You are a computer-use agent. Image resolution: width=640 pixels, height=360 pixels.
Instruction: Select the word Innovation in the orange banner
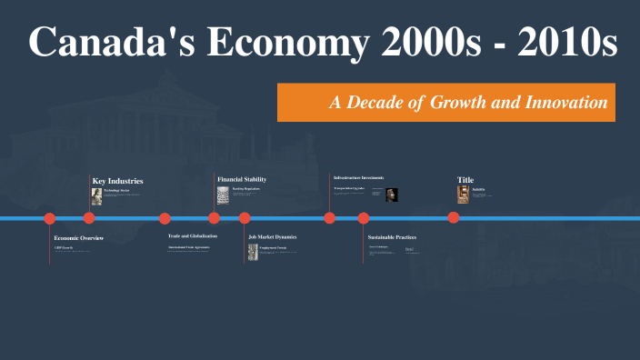(566, 103)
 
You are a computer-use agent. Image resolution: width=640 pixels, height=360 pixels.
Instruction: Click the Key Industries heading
(117, 181)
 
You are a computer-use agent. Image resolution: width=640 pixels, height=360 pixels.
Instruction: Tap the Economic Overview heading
(78, 238)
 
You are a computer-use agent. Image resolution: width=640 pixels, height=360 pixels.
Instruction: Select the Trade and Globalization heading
(192, 236)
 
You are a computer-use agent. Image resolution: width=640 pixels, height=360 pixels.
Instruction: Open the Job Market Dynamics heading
(273, 236)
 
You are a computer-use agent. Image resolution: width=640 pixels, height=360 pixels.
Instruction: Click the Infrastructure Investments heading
(358, 177)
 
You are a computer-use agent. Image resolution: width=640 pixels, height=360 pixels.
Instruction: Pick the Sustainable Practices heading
(392, 237)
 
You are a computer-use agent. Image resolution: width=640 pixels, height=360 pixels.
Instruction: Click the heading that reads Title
(465, 180)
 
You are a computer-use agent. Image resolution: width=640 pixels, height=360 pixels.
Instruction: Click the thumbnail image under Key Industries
(96, 195)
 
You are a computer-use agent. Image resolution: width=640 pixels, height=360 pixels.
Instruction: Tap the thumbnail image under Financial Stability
(222, 195)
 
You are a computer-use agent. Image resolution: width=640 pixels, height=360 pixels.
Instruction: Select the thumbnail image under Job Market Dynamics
(253, 252)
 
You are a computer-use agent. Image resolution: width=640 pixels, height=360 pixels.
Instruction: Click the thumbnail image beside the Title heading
(463, 195)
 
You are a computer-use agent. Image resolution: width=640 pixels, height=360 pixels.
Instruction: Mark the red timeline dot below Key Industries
(89, 218)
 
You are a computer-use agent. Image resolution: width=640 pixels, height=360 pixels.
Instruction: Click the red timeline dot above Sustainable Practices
(364, 218)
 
